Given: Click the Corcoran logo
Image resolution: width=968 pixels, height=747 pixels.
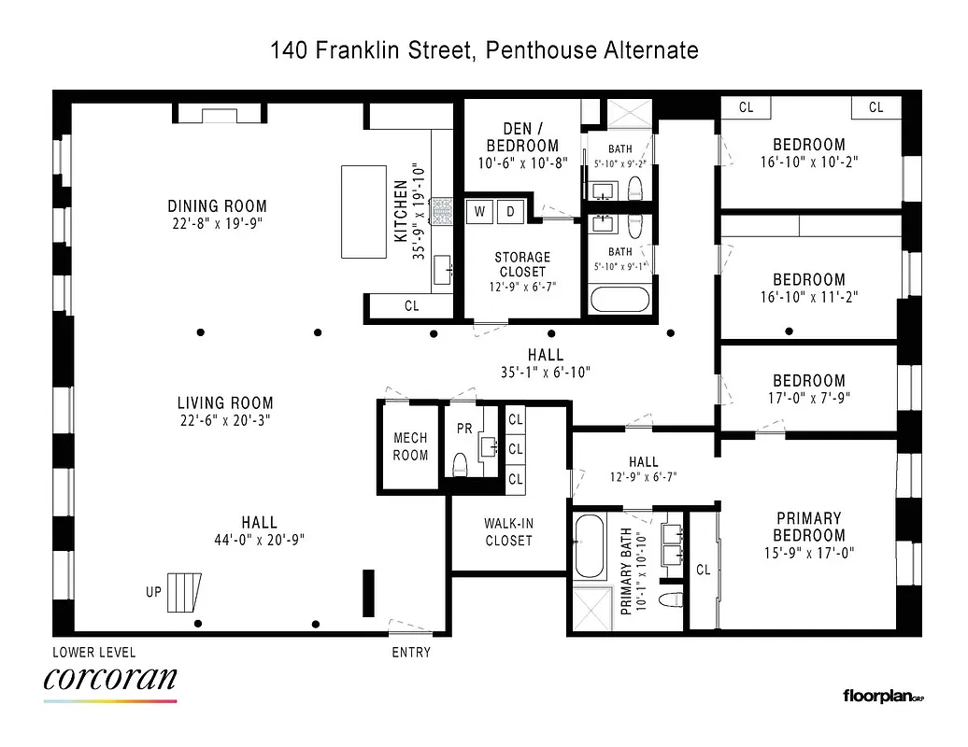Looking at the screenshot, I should (109, 680).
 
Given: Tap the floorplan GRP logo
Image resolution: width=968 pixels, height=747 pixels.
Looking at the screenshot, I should (882, 696).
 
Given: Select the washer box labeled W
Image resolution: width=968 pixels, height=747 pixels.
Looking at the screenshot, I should (480, 212).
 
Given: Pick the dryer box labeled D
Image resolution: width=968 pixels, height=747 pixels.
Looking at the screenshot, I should (511, 212).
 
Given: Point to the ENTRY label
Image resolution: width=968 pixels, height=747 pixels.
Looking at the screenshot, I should (411, 653).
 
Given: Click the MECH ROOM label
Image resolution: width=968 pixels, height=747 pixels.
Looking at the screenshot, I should (410, 446).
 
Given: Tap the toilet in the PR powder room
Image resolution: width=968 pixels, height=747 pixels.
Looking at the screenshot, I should (459, 464).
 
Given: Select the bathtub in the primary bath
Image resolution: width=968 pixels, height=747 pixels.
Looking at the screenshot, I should (591, 545).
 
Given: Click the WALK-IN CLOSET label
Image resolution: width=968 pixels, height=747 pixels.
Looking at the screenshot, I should (508, 532).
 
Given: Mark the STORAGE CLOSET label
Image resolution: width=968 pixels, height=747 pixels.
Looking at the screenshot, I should (522, 264).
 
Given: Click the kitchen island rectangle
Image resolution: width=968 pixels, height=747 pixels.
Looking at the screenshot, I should (364, 211).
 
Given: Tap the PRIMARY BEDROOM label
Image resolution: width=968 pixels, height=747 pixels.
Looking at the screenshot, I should (808, 527).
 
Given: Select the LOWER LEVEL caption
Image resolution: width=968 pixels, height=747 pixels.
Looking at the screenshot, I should (94, 653).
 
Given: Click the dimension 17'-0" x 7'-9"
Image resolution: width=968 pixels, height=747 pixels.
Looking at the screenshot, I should (808, 398).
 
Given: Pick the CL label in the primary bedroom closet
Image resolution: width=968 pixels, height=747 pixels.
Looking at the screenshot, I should (703, 570).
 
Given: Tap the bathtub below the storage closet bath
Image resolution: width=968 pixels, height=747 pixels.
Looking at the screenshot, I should (618, 300).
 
